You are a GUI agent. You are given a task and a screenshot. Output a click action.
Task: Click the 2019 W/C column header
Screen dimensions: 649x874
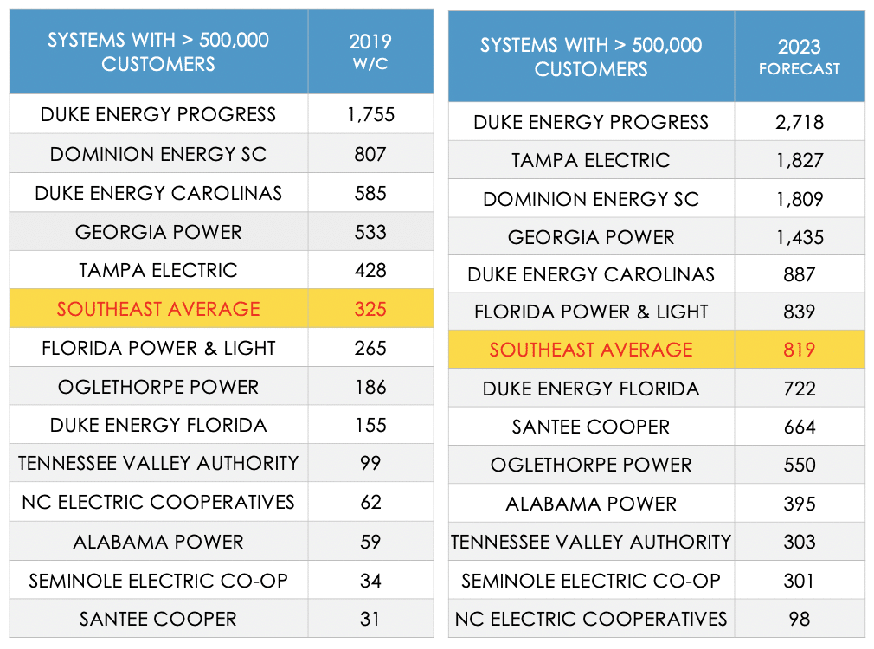(x=370, y=52)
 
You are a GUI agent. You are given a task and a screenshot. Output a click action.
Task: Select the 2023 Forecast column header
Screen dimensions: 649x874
(x=799, y=57)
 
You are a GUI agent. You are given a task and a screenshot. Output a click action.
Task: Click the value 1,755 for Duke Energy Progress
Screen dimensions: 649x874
(x=370, y=114)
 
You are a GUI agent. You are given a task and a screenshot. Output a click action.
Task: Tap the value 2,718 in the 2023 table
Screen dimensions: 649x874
(x=799, y=122)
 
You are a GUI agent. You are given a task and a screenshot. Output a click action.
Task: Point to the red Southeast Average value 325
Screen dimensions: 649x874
(x=370, y=308)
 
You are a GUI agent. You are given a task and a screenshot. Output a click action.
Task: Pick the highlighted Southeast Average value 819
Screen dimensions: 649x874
(x=799, y=350)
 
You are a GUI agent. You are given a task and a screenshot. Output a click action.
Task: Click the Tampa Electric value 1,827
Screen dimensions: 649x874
(x=799, y=160)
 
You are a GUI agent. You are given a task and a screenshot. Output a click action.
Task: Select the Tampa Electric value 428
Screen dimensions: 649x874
(x=370, y=270)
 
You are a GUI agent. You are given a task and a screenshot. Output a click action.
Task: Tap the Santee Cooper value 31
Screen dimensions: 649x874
(x=370, y=619)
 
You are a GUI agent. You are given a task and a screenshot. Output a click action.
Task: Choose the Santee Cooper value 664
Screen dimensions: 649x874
(x=799, y=427)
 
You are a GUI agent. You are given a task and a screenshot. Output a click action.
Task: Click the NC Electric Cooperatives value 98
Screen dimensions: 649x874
(x=799, y=619)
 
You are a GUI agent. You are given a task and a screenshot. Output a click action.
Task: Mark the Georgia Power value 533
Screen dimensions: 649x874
(x=370, y=232)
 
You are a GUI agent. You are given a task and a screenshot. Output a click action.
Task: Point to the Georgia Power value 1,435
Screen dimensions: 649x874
(x=799, y=237)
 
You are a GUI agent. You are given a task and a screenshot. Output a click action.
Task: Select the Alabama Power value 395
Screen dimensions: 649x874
(x=799, y=504)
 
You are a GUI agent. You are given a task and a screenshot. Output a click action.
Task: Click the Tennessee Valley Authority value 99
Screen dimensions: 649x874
(x=370, y=464)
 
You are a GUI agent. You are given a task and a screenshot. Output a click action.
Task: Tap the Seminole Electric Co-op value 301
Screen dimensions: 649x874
(x=799, y=581)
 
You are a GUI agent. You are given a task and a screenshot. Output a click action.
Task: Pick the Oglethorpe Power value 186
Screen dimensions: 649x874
(x=370, y=387)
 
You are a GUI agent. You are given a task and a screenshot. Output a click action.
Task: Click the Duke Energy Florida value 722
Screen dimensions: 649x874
(x=799, y=389)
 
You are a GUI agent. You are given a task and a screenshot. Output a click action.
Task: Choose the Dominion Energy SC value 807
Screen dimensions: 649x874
(x=370, y=154)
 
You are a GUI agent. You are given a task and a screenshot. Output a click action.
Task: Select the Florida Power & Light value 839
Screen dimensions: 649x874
(x=799, y=312)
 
